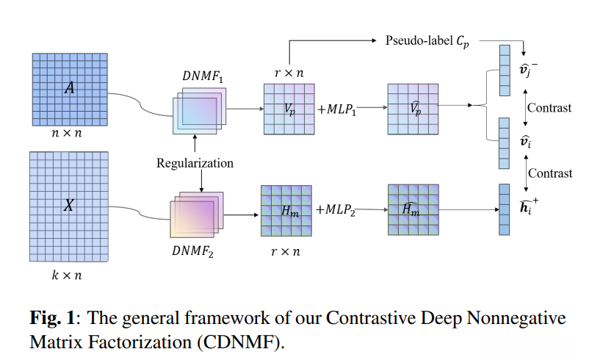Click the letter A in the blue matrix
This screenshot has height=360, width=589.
pos(70,88)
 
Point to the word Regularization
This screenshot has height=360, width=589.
pos(195,162)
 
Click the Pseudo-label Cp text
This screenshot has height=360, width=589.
pos(427,40)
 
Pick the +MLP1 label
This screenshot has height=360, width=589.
pos(338,109)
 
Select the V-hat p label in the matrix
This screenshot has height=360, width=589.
pos(416,107)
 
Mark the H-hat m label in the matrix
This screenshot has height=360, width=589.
pos(413,209)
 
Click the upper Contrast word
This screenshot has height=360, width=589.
pos(549,108)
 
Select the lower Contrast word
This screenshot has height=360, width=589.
pos(550,174)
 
